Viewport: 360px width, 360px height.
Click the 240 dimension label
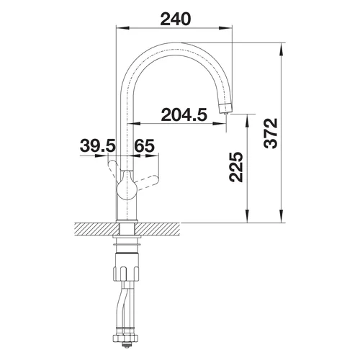176,19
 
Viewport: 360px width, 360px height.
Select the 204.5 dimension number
184,114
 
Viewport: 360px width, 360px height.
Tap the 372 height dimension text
270,133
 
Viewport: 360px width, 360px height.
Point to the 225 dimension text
236,166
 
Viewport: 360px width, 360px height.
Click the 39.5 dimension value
98,145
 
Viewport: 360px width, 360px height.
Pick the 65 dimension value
144,145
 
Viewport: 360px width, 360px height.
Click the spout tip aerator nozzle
226,108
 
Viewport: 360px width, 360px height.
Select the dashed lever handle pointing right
147,181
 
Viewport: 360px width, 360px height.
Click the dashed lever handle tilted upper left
114,168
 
